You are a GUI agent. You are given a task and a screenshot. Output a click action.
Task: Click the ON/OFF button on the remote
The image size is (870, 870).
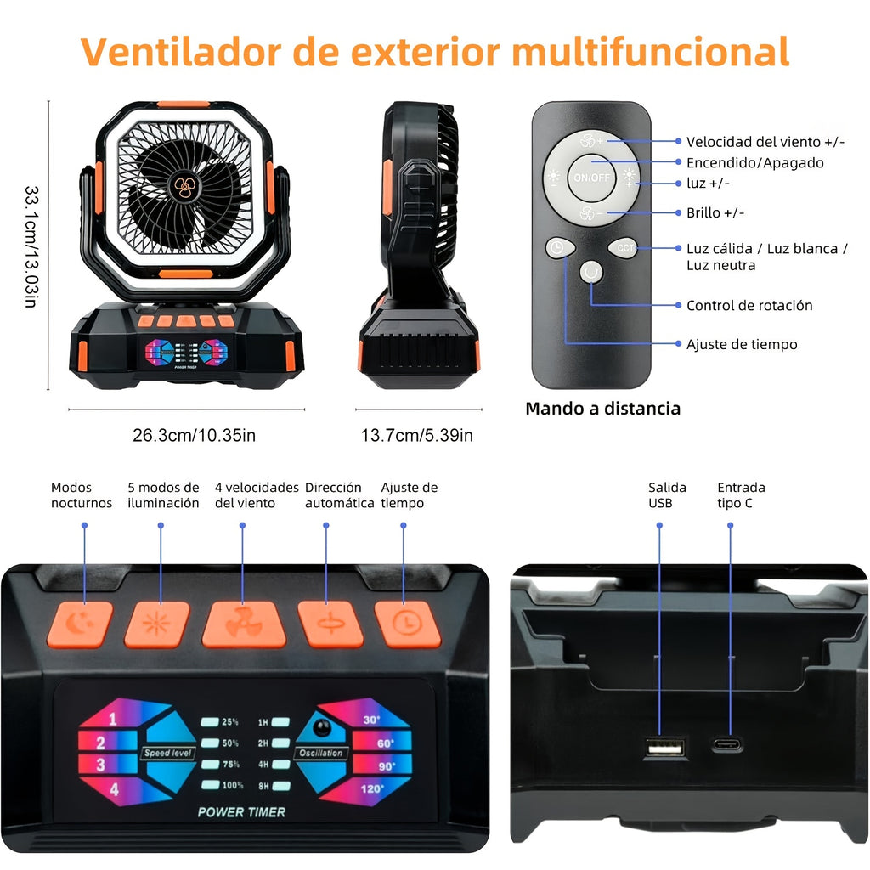[592, 178]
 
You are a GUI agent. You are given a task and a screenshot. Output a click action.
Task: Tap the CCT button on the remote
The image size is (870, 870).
[624, 248]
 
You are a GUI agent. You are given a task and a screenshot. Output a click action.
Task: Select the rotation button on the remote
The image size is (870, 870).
[591, 273]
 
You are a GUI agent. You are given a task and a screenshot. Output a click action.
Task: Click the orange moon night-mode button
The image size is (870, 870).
[80, 624]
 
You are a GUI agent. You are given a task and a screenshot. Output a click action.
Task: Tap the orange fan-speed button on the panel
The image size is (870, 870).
[243, 624]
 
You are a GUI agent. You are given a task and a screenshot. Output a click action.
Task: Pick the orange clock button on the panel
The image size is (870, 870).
[408, 624]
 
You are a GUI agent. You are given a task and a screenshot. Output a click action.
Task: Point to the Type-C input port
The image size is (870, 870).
[727, 745]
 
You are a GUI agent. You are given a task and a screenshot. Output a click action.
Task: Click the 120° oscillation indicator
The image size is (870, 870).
[372, 788]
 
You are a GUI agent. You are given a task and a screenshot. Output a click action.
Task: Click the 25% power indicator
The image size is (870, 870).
[220, 722]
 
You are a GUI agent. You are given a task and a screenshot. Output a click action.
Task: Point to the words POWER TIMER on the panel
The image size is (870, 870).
[241, 812]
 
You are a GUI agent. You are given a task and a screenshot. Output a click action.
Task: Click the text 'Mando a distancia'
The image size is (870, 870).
[602, 409]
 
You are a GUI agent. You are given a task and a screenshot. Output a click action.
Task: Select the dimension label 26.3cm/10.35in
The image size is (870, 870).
[194, 436]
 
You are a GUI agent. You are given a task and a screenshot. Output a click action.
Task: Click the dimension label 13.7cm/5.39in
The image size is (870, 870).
[416, 436]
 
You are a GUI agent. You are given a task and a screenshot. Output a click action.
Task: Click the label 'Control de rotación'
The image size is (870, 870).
[749, 305]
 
